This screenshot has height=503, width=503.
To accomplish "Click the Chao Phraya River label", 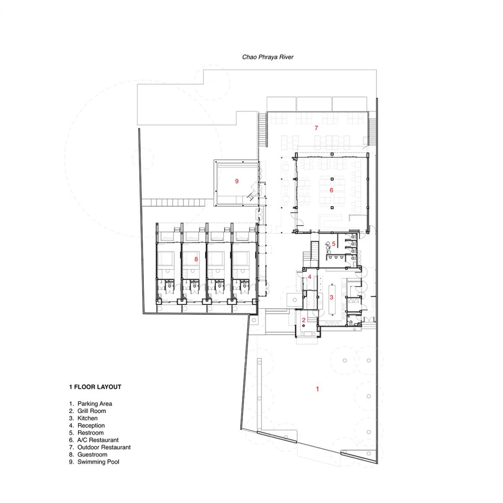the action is (267, 57).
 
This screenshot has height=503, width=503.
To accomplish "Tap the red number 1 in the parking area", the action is (317, 389).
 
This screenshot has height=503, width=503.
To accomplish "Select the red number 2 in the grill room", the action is (303, 320).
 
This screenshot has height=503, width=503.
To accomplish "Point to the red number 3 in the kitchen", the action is (331, 297).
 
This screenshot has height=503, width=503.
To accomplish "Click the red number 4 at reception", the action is (310, 277).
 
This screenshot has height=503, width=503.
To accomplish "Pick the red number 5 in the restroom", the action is (334, 244).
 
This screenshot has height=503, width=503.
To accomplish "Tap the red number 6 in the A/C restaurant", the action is (331, 190).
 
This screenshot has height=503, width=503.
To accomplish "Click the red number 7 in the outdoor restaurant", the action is (316, 128).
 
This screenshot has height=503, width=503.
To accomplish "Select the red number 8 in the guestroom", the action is (196, 259).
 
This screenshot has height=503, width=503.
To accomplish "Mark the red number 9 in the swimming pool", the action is (237, 181).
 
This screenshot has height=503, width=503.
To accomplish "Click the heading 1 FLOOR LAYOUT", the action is (95, 387).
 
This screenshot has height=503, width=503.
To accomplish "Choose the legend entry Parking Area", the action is (95, 404).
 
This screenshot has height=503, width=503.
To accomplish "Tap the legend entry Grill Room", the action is (92, 411).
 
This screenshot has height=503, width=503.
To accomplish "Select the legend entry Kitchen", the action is (88, 418).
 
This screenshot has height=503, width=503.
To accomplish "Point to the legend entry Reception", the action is (91, 426).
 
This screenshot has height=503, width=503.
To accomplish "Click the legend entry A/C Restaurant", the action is (98, 440).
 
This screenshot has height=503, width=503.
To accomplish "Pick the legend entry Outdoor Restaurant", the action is (104, 447).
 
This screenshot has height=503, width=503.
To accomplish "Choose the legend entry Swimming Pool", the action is (98, 462).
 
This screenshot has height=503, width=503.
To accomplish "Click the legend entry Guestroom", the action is (92, 455).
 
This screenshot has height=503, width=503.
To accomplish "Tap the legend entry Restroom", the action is (90, 433).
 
